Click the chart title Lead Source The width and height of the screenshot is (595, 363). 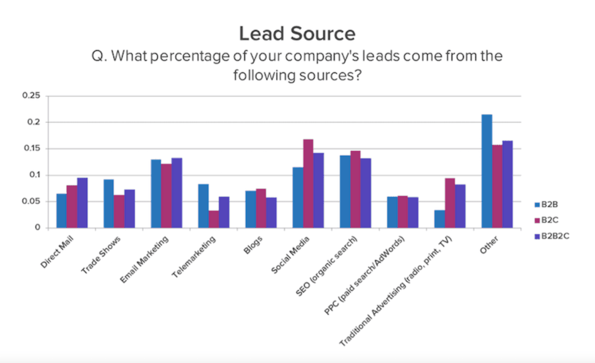[x=297, y=34]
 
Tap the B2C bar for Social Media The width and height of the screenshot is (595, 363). [x=308, y=184]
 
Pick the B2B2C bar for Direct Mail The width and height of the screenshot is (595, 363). [x=82, y=203]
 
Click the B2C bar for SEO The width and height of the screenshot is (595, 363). [x=355, y=189]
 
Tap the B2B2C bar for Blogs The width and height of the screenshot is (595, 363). [x=271, y=213]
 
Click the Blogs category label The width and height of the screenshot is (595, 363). [x=253, y=245]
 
